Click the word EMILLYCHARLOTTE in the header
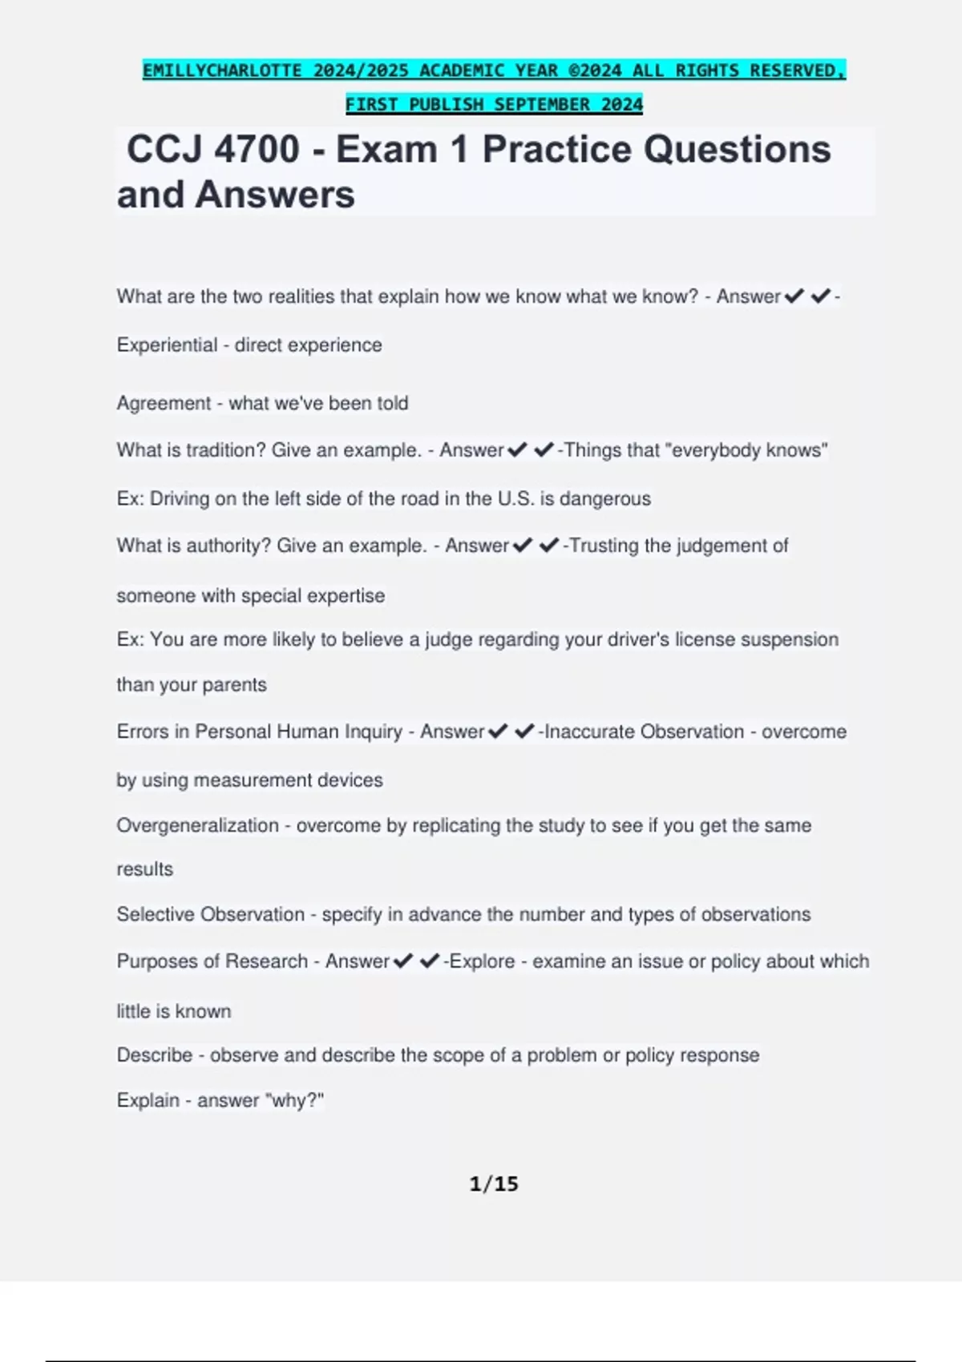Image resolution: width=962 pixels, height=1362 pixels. [222, 71]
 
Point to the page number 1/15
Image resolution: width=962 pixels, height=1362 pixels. [494, 1183]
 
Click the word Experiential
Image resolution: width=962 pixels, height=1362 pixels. [167, 345]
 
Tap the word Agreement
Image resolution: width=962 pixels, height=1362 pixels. [164, 403]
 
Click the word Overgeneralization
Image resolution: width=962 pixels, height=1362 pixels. [197, 825]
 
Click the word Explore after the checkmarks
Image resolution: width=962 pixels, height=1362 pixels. [483, 961]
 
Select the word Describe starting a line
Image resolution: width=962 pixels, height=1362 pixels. [154, 1055]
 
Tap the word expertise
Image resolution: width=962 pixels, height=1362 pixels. [346, 596]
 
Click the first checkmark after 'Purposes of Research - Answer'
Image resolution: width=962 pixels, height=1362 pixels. [403, 961]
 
